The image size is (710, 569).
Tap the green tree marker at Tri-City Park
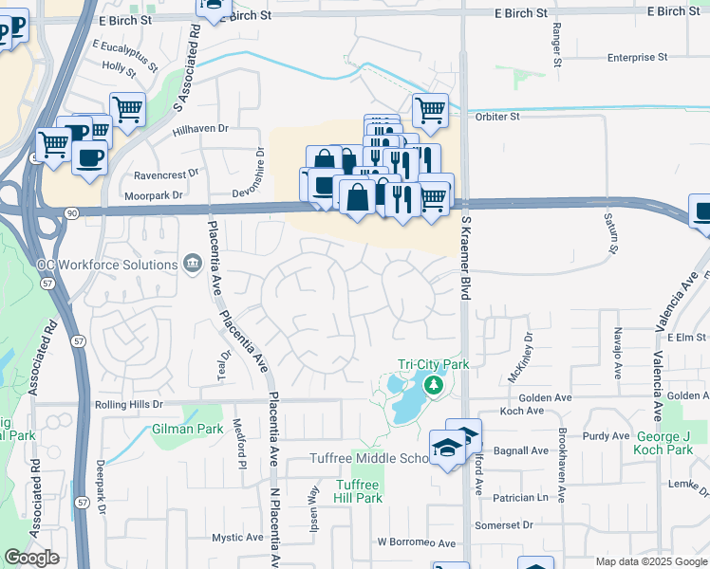[x=434, y=385]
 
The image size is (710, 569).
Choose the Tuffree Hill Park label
[x=359, y=491]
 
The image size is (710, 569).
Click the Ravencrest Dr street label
[x=166, y=174]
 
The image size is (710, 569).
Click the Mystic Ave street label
[x=237, y=537]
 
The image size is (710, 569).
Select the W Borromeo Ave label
[x=417, y=543]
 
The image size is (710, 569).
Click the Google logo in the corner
[x=31, y=558]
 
